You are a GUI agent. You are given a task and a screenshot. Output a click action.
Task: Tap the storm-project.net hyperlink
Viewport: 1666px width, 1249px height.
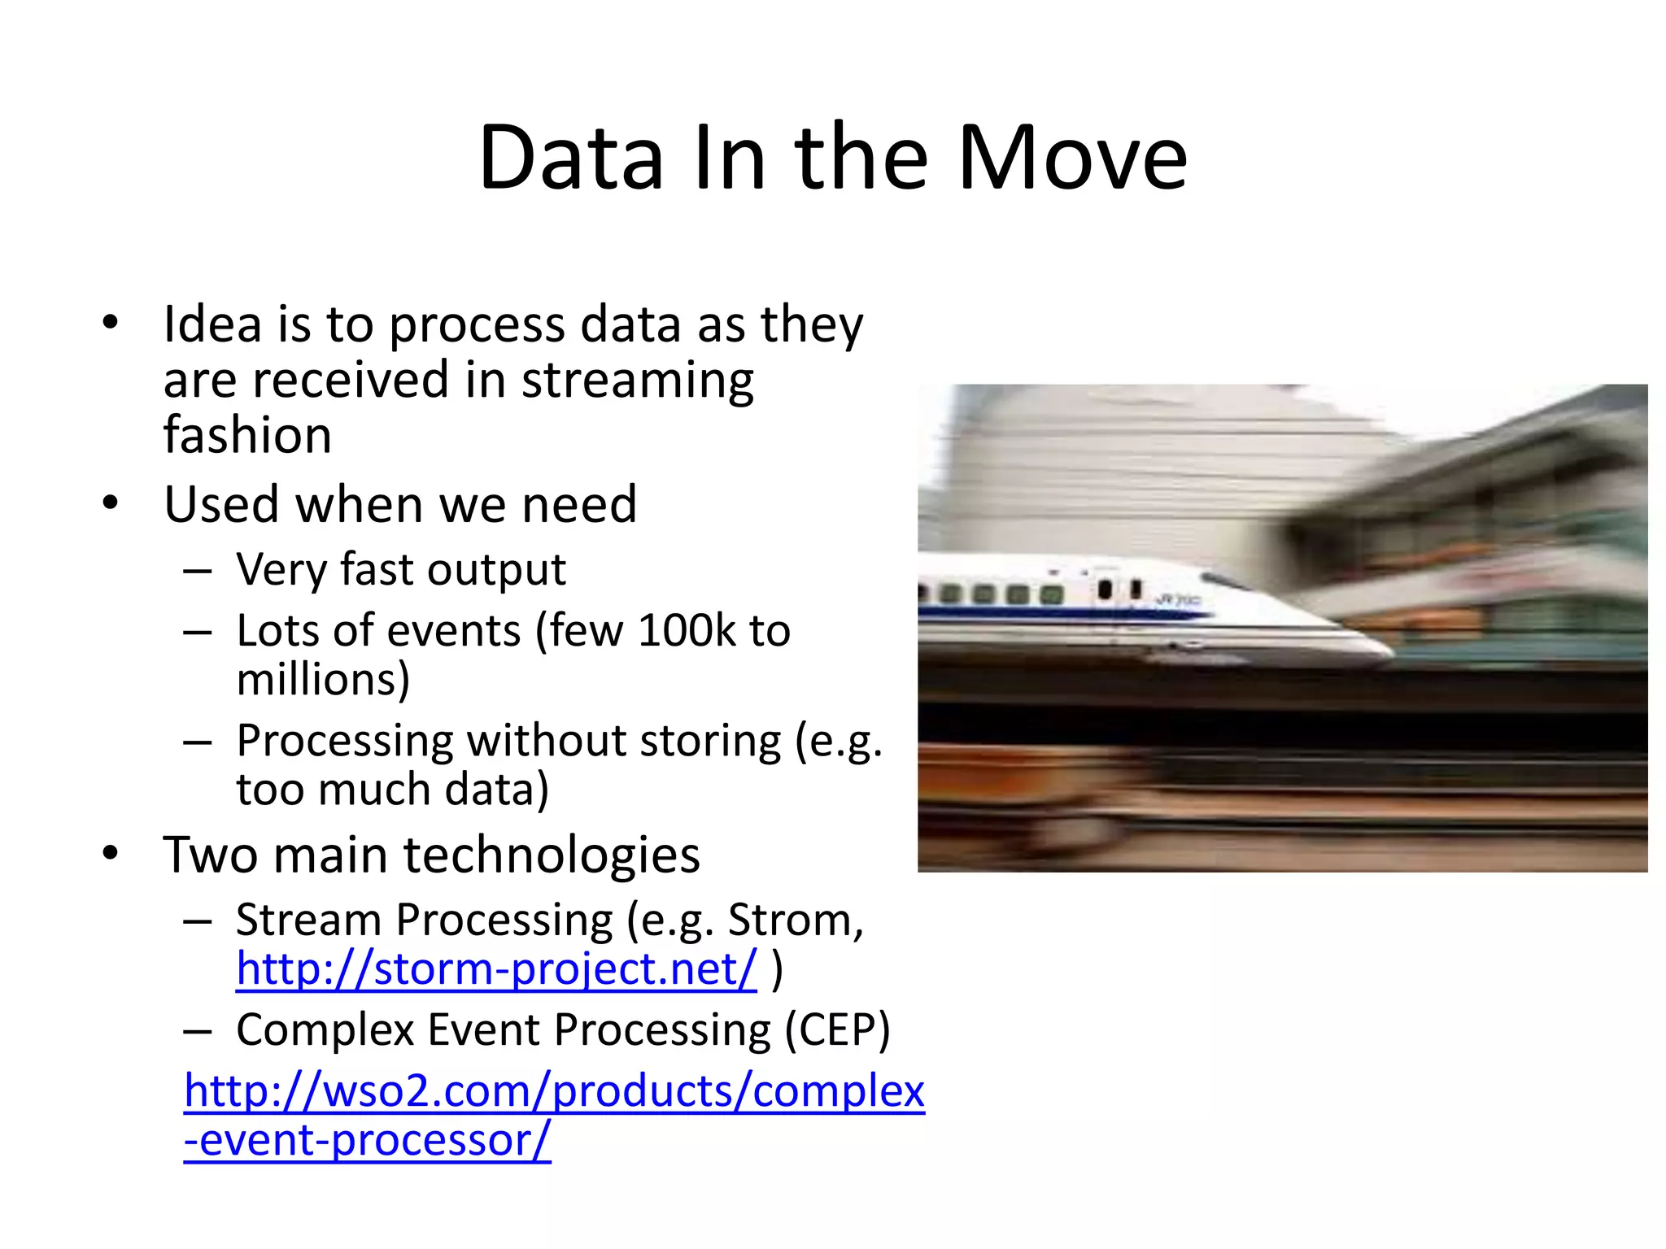click(x=496, y=969)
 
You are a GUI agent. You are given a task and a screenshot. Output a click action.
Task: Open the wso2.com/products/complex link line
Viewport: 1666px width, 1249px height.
click(x=554, y=1091)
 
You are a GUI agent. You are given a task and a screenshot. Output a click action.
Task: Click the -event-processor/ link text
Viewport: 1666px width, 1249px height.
click(x=367, y=1140)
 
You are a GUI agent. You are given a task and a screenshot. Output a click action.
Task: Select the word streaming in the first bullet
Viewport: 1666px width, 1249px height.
click(x=637, y=381)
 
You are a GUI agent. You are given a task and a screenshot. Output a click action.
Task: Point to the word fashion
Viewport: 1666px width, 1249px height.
click(x=247, y=435)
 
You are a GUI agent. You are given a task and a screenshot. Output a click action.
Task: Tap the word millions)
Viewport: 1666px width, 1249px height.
click(x=323, y=680)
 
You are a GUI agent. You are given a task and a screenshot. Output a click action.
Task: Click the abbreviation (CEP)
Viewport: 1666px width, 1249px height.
click(x=837, y=1030)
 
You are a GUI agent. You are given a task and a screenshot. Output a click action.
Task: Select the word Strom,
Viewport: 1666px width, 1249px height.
click(x=795, y=920)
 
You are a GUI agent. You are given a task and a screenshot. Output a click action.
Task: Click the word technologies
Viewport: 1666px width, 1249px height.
click(x=551, y=855)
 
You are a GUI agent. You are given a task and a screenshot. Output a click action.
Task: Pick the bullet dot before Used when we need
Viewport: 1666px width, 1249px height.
click(x=111, y=504)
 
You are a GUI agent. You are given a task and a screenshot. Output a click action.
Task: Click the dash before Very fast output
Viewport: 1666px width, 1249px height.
click(x=198, y=571)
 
